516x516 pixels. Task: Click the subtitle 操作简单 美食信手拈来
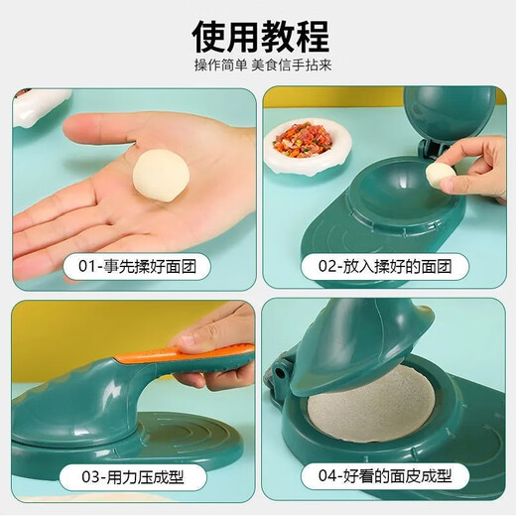coord(260,67)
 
